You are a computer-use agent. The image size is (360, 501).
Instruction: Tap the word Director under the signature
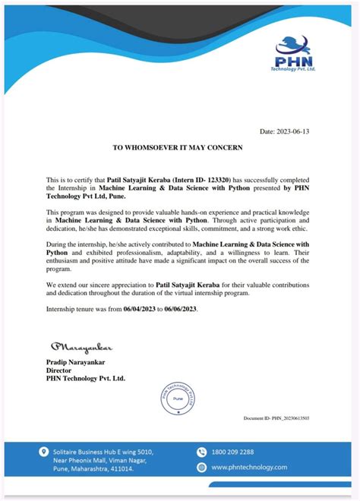pyautogui.click(x=58, y=371)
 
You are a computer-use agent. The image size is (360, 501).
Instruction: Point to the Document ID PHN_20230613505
pyautogui.click(x=276, y=418)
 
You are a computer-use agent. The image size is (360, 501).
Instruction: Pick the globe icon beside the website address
pyautogui.click(x=201, y=468)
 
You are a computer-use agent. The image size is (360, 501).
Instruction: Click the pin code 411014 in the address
pyautogui.click(x=120, y=469)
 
